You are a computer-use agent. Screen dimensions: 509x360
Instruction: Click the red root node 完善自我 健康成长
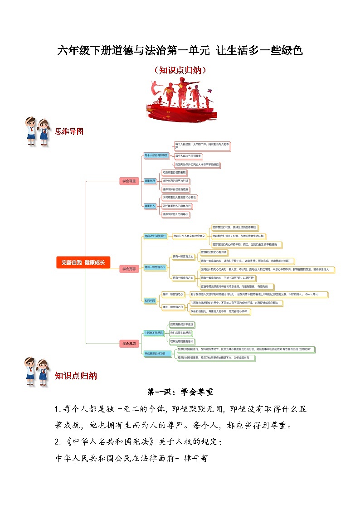(83, 262)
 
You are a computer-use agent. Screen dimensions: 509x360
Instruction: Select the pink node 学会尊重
(129, 181)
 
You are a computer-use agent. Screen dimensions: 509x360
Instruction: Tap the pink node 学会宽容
(129, 269)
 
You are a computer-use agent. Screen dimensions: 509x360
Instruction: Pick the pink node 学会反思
(129, 344)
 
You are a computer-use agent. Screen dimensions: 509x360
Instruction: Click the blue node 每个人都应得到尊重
(156, 155)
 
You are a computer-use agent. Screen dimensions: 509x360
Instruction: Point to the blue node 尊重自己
(150, 181)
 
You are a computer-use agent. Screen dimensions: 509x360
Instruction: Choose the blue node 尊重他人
(150, 206)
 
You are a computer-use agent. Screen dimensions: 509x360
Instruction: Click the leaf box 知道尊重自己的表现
(174, 173)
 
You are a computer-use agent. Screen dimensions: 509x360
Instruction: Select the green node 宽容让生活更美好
(156, 236)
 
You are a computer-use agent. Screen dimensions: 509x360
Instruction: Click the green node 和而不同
(150, 301)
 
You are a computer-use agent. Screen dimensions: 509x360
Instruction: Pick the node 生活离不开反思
(153, 333)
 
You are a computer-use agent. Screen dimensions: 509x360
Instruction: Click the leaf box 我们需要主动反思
(181, 333)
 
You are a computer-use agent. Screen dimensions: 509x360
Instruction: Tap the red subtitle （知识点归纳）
(180, 70)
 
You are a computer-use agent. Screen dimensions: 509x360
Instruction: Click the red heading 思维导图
(69, 131)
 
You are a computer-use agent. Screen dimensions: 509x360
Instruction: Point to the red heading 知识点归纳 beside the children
(75, 376)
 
